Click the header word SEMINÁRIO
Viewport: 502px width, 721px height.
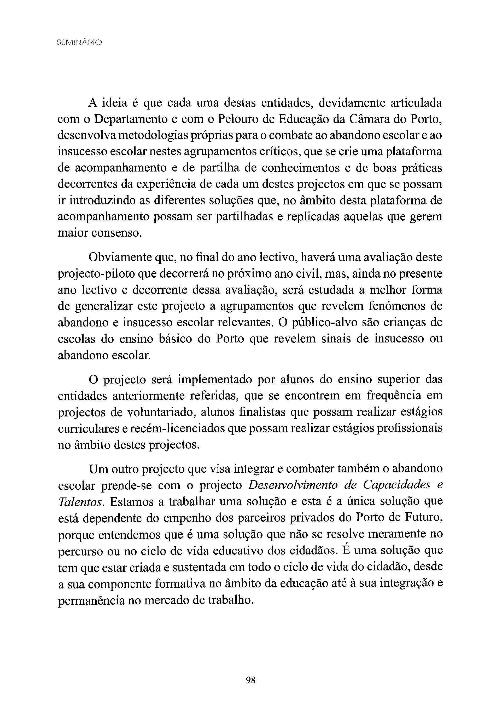pyautogui.click(x=79, y=42)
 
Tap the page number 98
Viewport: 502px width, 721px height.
pyautogui.click(x=251, y=680)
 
